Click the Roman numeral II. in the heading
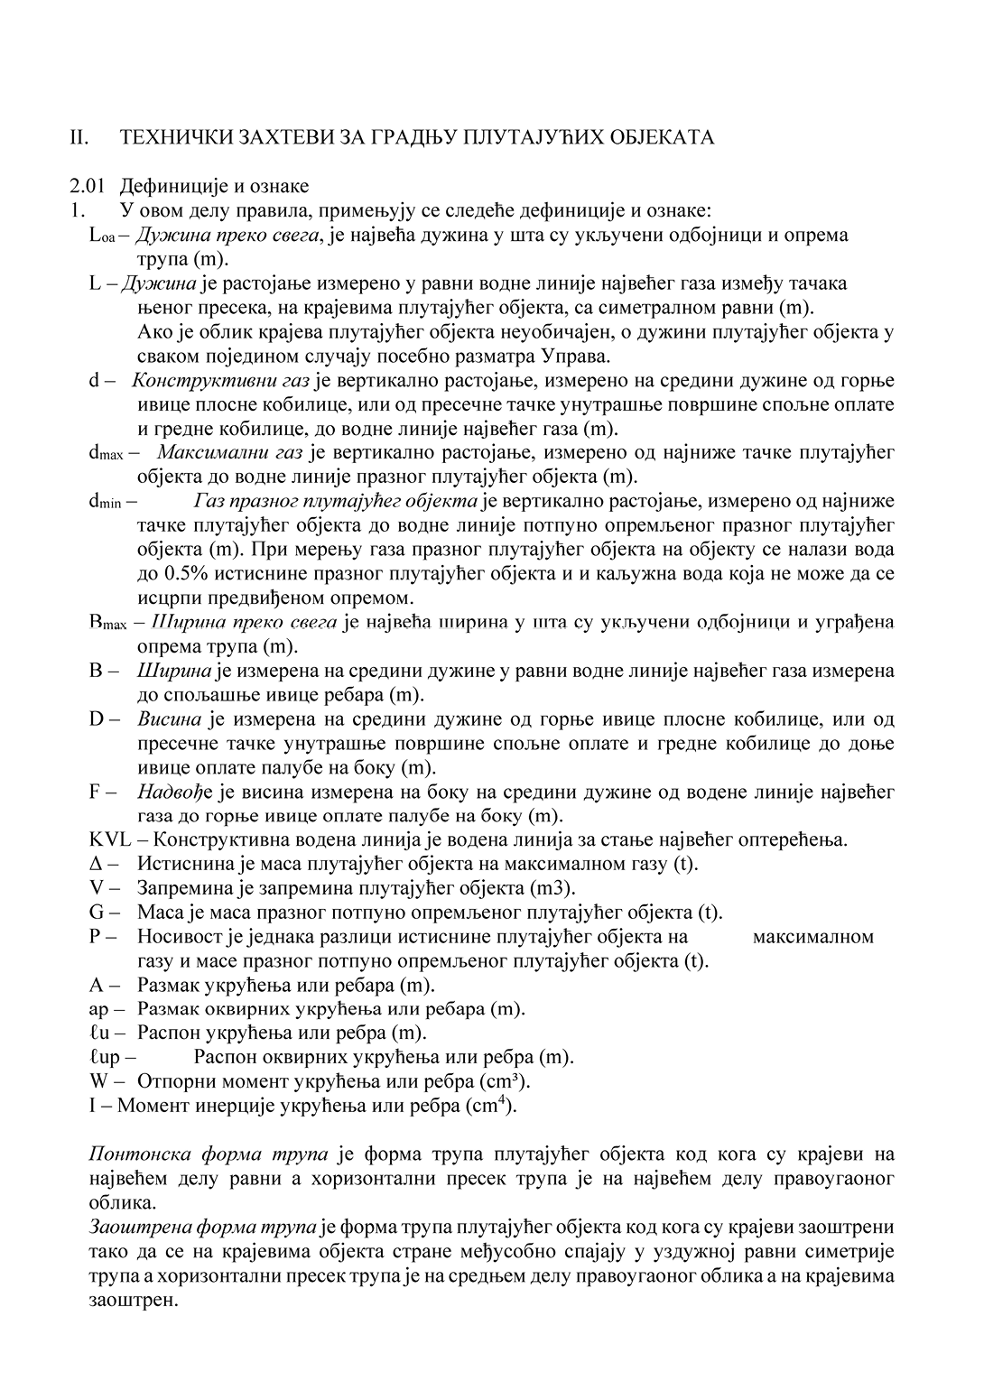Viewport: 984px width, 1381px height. (79, 137)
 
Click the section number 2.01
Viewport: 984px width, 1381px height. (88, 186)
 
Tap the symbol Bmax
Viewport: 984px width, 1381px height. (107, 623)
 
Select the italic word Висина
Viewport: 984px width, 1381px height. (170, 719)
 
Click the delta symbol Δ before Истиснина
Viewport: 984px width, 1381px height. (98, 864)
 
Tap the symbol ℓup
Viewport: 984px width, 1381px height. (105, 1057)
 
